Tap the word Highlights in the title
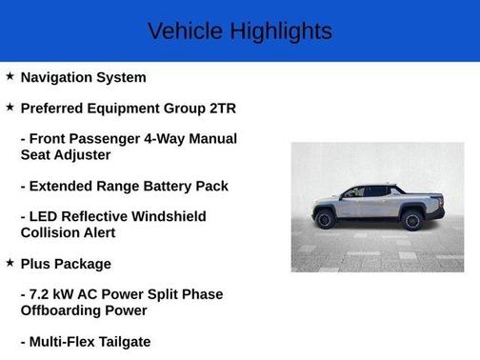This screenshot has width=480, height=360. pyautogui.click(x=282, y=31)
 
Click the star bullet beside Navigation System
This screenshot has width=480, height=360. pyautogui.click(x=10, y=76)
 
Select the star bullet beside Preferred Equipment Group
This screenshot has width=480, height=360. pyautogui.click(x=10, y=108)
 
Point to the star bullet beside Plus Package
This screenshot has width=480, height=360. pyautogui.click(x=10, y=263)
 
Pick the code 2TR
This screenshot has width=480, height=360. pyautogui.click(x=220, y=108)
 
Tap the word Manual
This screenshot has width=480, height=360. pyautogui.click(x=211, y=139)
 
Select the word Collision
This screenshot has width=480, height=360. pyautogui.click(x=50, y=232)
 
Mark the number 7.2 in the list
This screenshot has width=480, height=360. pyautogui.click(x=42, y=294)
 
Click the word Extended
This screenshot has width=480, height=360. pyautogui.click(x=64, y=186)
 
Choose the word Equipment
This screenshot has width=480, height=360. pyautogui.click(x=124, y=108)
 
